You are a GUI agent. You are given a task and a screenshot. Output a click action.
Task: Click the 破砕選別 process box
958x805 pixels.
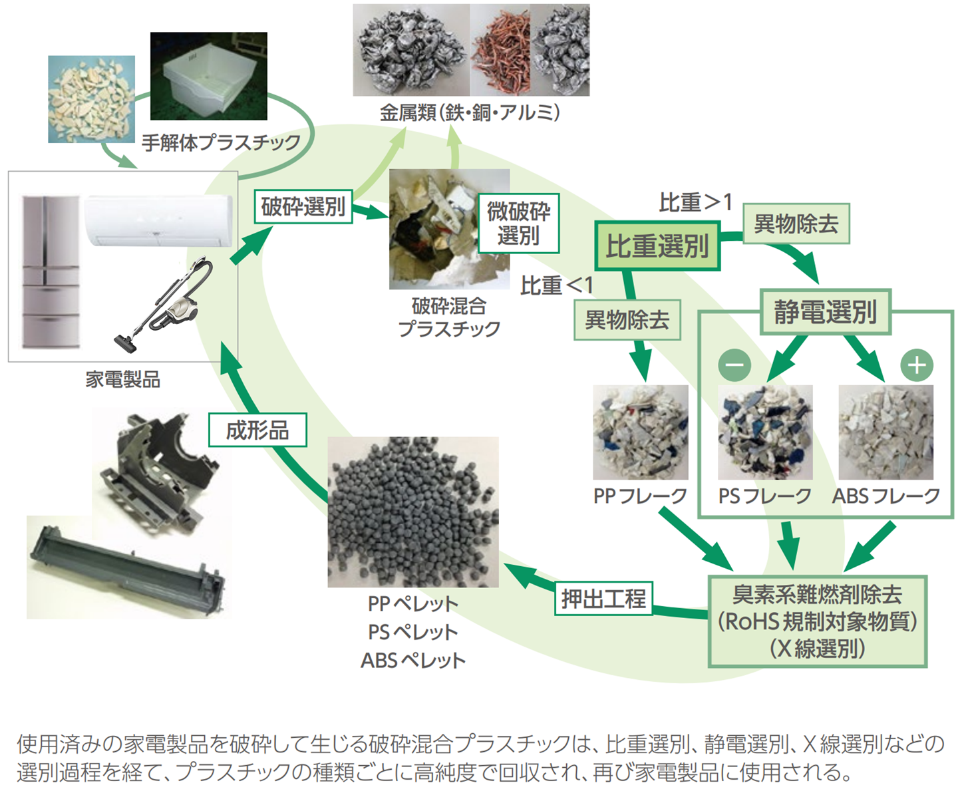(303, 206)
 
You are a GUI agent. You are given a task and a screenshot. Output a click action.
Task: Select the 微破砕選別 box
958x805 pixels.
(518, 224)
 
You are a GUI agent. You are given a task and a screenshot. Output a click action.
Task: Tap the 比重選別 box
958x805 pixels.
(657, 246)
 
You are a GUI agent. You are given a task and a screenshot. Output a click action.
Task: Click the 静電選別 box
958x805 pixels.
(825, 311)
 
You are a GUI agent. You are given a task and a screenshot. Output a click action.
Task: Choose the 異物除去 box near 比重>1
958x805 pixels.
(796, 224)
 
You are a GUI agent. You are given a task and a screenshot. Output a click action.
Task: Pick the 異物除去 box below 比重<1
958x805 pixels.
(627, 320)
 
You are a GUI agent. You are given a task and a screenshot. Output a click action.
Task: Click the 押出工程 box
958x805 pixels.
(603, 598)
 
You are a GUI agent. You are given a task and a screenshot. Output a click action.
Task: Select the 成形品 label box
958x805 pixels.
(257, 430)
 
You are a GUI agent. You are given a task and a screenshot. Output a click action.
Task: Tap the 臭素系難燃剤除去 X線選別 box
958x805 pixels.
(817, 621)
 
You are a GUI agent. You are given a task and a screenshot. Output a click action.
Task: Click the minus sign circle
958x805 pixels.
(734, 365)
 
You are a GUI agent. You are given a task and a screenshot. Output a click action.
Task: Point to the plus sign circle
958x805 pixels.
(917, 365)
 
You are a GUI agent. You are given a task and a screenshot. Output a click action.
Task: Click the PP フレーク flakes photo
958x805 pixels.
(640, 432)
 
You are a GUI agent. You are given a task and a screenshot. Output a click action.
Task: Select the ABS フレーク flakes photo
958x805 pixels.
(885, 432)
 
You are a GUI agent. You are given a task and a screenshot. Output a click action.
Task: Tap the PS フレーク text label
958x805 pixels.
(764, 496)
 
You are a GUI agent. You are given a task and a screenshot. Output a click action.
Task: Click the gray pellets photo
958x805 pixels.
(413, 512)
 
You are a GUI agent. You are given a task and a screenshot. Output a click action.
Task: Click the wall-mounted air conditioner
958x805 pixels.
(158, 220)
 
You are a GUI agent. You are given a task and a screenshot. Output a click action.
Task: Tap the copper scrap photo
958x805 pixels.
(500, 50)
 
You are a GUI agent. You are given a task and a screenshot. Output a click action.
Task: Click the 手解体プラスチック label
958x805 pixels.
(221, 142)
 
